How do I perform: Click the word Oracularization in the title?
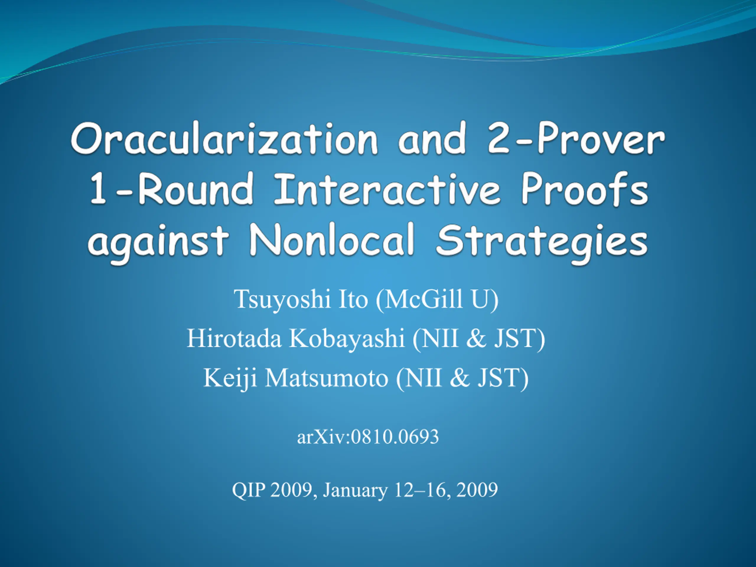pos(224,138)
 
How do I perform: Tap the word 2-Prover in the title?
pos(576,138)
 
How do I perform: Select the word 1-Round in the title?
pos(172,189)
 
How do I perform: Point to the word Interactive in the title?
pos(387,189)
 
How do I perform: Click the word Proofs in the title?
pos(585,189)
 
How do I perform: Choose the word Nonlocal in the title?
pos(332,239)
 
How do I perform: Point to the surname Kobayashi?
pos(347,339)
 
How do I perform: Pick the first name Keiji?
pos(230,379)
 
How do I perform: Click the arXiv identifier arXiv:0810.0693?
pos(368,436)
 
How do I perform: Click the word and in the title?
pos(432,138)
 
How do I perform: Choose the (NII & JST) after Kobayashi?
pos(479,339)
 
